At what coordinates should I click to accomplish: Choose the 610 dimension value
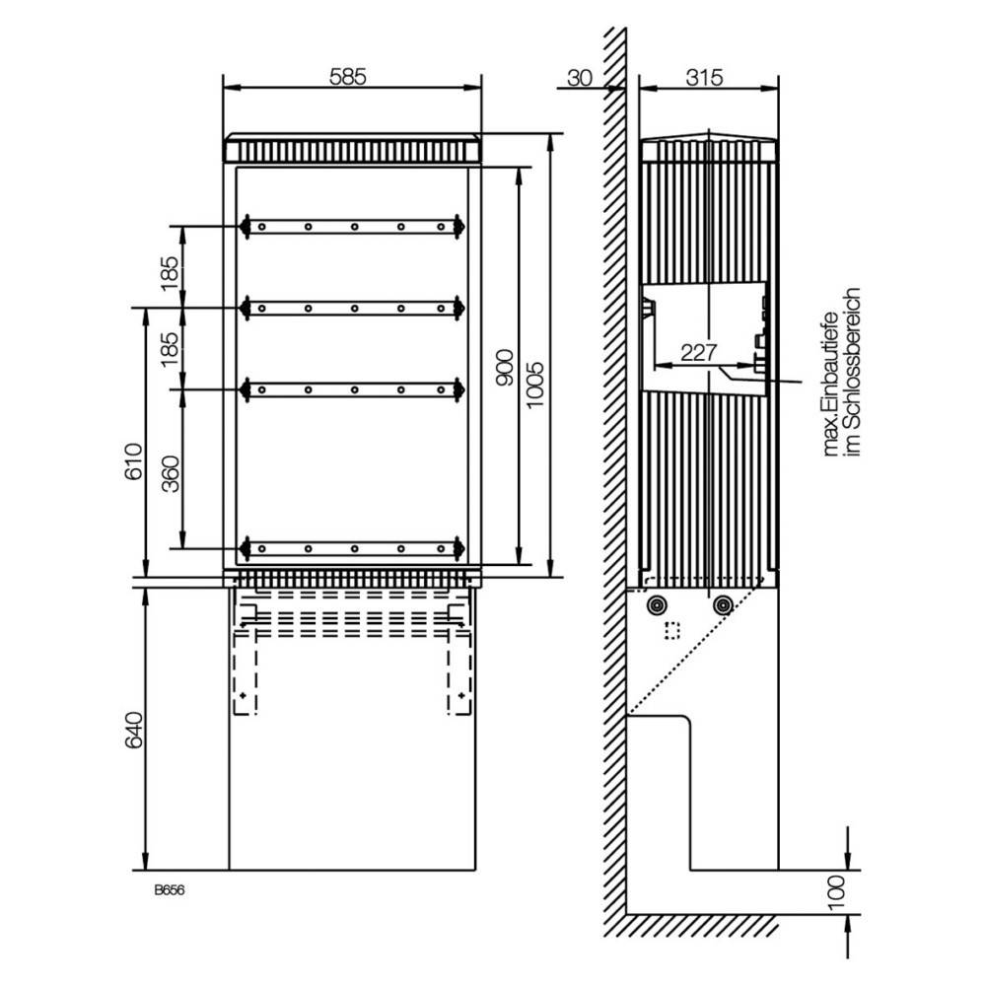tap(135, 460)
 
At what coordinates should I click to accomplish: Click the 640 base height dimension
tap(135, 729)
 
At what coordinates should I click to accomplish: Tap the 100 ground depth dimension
tap(835, 892)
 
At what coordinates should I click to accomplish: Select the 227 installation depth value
tap(698, 351)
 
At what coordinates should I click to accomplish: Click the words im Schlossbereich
tap(854, 372)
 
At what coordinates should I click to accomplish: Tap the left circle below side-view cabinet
tap(654, 604)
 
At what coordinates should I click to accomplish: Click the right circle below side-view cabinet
tap(723, 604)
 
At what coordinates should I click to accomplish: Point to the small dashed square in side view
tap(674, 630)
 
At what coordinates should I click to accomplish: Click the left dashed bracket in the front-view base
tap(243, 656)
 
